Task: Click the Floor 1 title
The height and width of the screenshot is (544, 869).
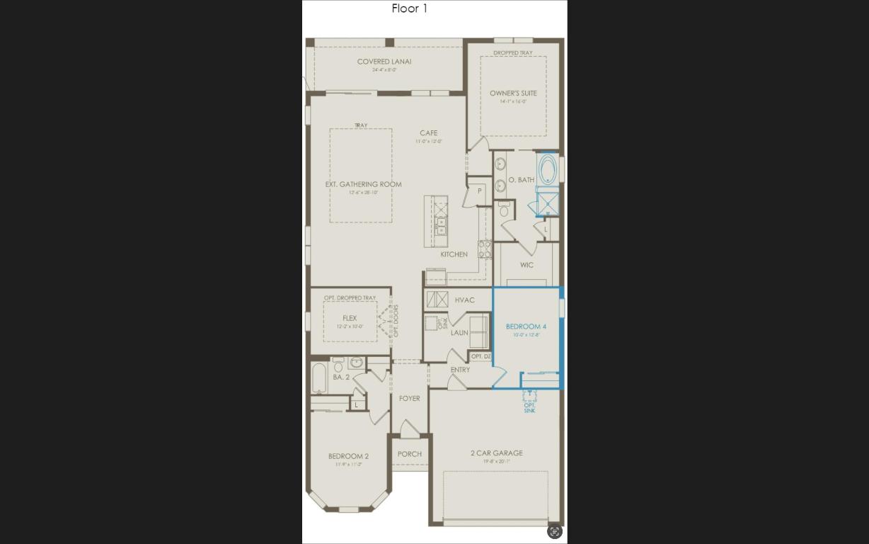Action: point(410,8)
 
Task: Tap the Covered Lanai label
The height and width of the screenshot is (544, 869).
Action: point(384,62)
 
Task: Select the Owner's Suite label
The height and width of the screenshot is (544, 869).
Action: point(513,93)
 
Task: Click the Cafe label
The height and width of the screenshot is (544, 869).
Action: point(428,133)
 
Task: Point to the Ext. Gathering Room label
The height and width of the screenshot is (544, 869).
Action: point(363,184)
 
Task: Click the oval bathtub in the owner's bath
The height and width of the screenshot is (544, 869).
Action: point(547,169)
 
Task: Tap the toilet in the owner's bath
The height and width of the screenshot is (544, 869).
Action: point(504,210)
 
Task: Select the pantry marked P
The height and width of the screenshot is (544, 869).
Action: point(479,191)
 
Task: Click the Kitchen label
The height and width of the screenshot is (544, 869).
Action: point(454,254)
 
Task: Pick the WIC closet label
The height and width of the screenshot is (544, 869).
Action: point(526,265)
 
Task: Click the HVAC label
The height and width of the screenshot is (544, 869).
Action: point(464,300)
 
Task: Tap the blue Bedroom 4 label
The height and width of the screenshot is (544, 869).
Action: point(526,327)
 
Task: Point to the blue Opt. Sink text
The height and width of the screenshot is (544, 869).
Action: point(529,408)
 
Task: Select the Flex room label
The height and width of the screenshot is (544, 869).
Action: point(350,318)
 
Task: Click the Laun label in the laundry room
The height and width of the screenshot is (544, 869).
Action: point(459,332)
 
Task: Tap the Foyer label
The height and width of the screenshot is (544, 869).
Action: point(409,399)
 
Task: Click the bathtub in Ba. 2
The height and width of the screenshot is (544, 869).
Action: point(319,378)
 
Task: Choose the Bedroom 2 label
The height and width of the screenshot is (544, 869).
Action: point(348,456)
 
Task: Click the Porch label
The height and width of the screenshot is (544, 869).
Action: point(409,454)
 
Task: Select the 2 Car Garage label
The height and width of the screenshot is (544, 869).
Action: point(496,453)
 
